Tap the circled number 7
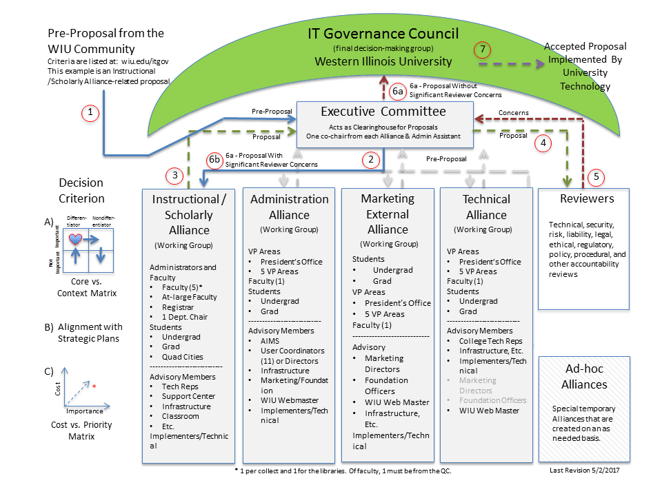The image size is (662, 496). pos(483,50)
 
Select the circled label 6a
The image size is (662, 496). pos(399,91)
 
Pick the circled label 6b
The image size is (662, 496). pos(216,161)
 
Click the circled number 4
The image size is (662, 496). pos(544,143)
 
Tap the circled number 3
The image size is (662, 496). pos(176,176)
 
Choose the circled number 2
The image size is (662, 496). pos(371,161)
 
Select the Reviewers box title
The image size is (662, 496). pos(588,199)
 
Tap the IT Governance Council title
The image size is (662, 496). pos(383,33)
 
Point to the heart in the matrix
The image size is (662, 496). pos(76,238)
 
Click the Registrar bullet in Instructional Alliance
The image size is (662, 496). pos(179,307)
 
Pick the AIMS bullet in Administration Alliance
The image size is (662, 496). pos(270,341)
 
